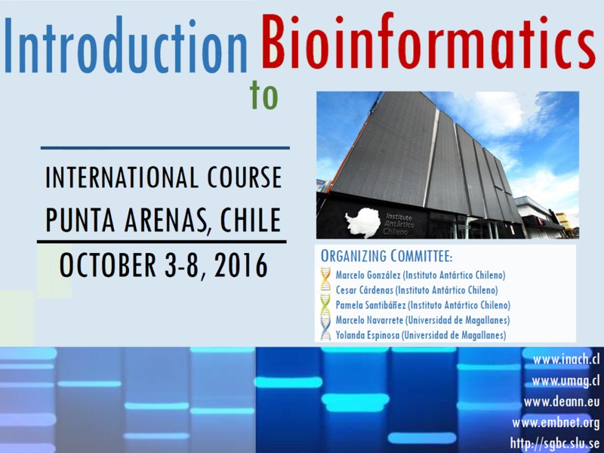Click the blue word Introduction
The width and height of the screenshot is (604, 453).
tap(125, 45)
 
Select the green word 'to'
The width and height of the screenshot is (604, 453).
tap(263, 95)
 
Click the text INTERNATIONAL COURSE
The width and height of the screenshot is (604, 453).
tap(163, 177)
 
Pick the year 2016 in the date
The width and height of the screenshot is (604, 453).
tap(241, 265)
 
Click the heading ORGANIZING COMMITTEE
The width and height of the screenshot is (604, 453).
tap(387, 256)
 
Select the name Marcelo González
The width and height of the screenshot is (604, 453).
tap(368, 275)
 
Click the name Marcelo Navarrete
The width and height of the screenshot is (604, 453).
tap(369, 320)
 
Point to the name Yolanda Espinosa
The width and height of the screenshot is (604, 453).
tap(368, 335)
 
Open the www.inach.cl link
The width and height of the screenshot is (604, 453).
tap(566, 359)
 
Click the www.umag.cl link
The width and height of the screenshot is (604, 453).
tap(565, 381)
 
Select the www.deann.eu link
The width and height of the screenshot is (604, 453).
tap(562, 402)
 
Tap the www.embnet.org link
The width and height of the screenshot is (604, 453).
tap(556, 423)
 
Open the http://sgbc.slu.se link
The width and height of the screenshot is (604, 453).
tap(555, 443)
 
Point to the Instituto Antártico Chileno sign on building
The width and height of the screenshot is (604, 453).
tap(399, 225)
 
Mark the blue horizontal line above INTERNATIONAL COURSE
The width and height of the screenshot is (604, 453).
tap(165, 147)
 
